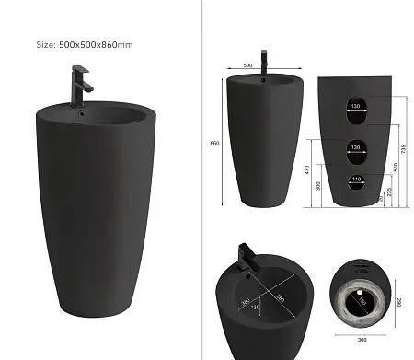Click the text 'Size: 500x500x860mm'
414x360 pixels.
85,44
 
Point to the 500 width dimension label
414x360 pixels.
247,66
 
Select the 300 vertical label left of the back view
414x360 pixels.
317,186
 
